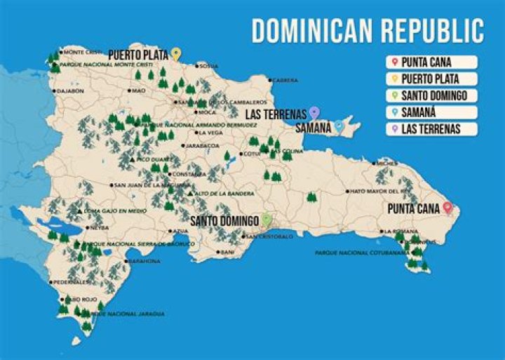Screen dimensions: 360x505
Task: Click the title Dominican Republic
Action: (x=368, y=31)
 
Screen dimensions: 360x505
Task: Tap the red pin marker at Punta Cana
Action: (x=447, y=208)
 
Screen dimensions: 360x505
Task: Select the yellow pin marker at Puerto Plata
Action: (x=176, y=53)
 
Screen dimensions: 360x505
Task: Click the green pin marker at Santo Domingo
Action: (x=266, y=220)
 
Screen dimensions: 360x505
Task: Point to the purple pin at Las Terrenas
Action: (x=314, y=112)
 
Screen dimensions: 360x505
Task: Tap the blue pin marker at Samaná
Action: (x=339, y=126)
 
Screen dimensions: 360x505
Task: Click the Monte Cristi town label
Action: (x=83, y=52)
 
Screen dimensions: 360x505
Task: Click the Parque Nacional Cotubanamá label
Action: (x=351, y=253)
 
